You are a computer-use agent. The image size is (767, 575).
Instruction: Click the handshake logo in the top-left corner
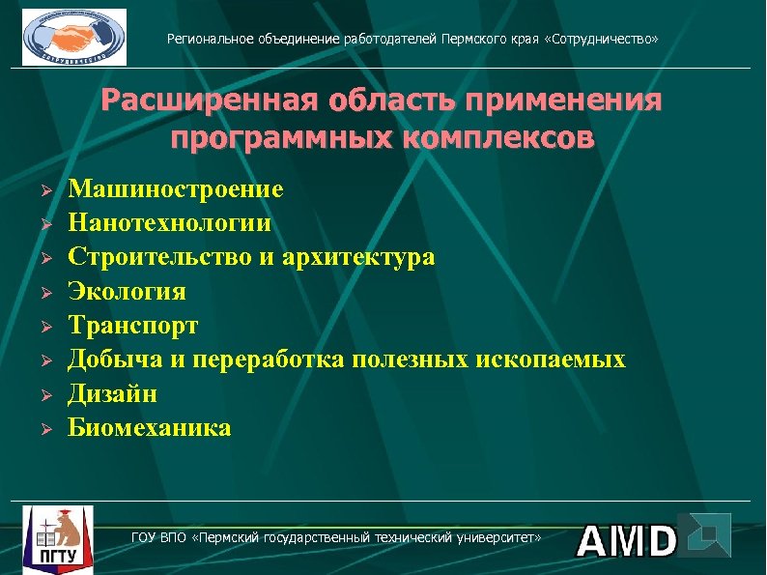74,37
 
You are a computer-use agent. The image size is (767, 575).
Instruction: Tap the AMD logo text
627,541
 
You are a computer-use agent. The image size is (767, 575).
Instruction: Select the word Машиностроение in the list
175,188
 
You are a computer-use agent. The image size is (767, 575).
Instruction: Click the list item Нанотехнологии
169,223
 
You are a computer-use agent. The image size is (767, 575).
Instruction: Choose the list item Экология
127,291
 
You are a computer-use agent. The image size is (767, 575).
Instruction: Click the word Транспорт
132,326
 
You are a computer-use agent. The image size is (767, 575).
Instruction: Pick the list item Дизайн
112,393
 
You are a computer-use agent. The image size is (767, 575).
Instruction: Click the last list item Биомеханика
149,427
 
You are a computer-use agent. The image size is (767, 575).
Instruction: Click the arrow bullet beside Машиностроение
43,189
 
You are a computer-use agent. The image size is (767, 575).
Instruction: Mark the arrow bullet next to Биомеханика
43,428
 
